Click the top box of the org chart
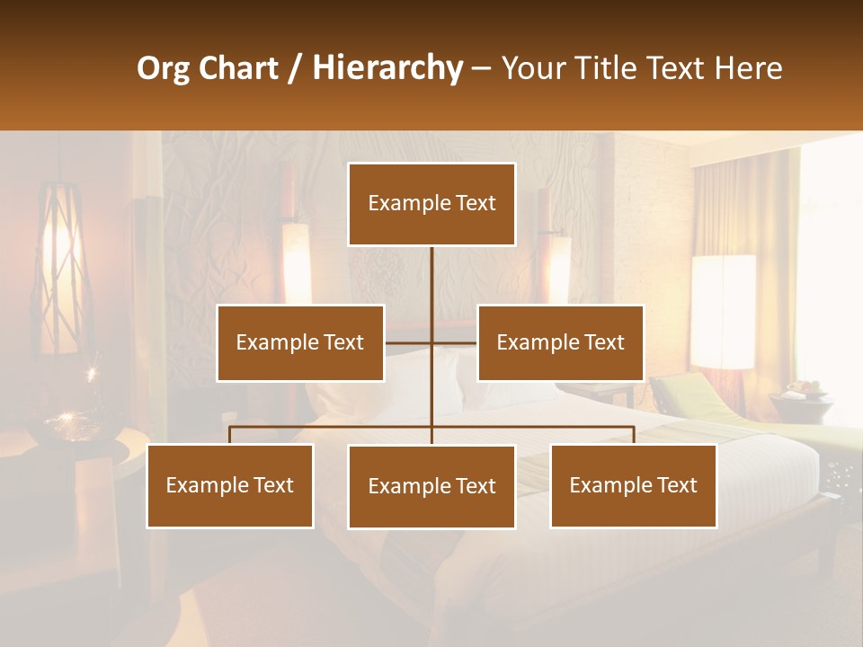[x=431, y=204]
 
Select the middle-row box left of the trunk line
[x=300, y=342]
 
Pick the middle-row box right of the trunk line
[x=560, y=342]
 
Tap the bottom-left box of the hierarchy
[x=230, y=485]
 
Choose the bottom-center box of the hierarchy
[x=431, y=486]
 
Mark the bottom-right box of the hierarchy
[x=633, y=485]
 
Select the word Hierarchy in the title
[x=387, y=69]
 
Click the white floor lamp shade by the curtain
[x=723, y=311]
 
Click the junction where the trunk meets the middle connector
[x=431, y=342]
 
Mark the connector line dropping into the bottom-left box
[x=230, y=435]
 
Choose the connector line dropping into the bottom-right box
[x=633, y=435]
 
